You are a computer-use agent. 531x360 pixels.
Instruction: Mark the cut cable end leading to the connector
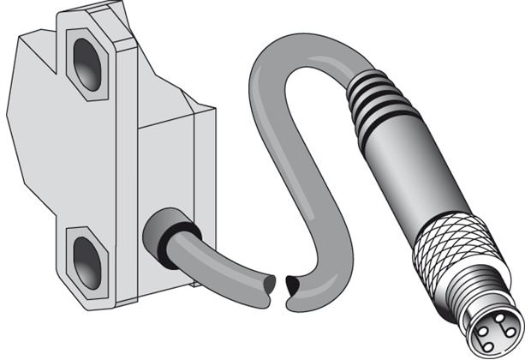point(294,283)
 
